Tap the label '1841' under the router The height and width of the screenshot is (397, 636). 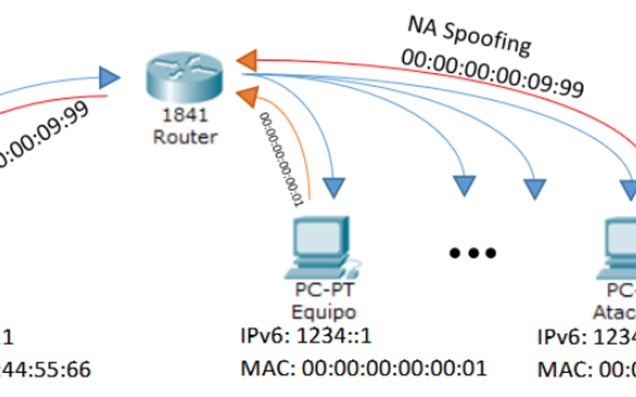182,116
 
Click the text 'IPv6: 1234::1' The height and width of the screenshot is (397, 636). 306,337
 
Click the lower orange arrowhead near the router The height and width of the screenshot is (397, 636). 250,96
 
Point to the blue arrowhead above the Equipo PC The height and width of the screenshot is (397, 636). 335,187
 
